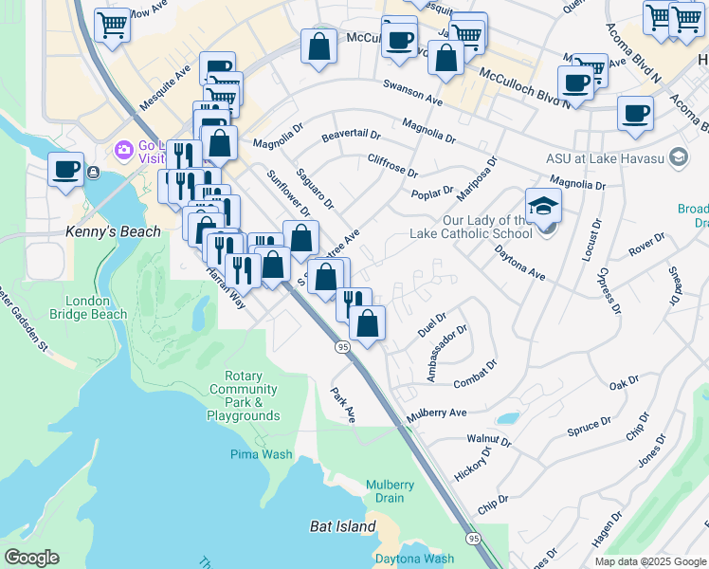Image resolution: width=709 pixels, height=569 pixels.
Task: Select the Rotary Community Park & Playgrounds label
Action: [x=244, y=395]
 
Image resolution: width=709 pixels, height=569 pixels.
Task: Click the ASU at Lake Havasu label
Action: [x=606, y=156]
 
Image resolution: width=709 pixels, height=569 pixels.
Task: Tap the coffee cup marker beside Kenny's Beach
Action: [x=65, y=169]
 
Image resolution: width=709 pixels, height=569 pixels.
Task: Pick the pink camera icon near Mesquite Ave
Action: [x=123, y=150]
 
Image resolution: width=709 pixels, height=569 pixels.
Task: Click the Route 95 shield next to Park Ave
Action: [x=341, y=349]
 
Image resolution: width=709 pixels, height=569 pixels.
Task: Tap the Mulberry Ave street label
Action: [x=437, y=413]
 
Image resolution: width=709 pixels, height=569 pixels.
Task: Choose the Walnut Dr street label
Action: [x=488, y=440]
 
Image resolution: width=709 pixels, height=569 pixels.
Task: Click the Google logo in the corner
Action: [x=31, y=558]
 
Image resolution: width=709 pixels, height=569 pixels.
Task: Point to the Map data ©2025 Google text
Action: [x=649, y=561]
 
